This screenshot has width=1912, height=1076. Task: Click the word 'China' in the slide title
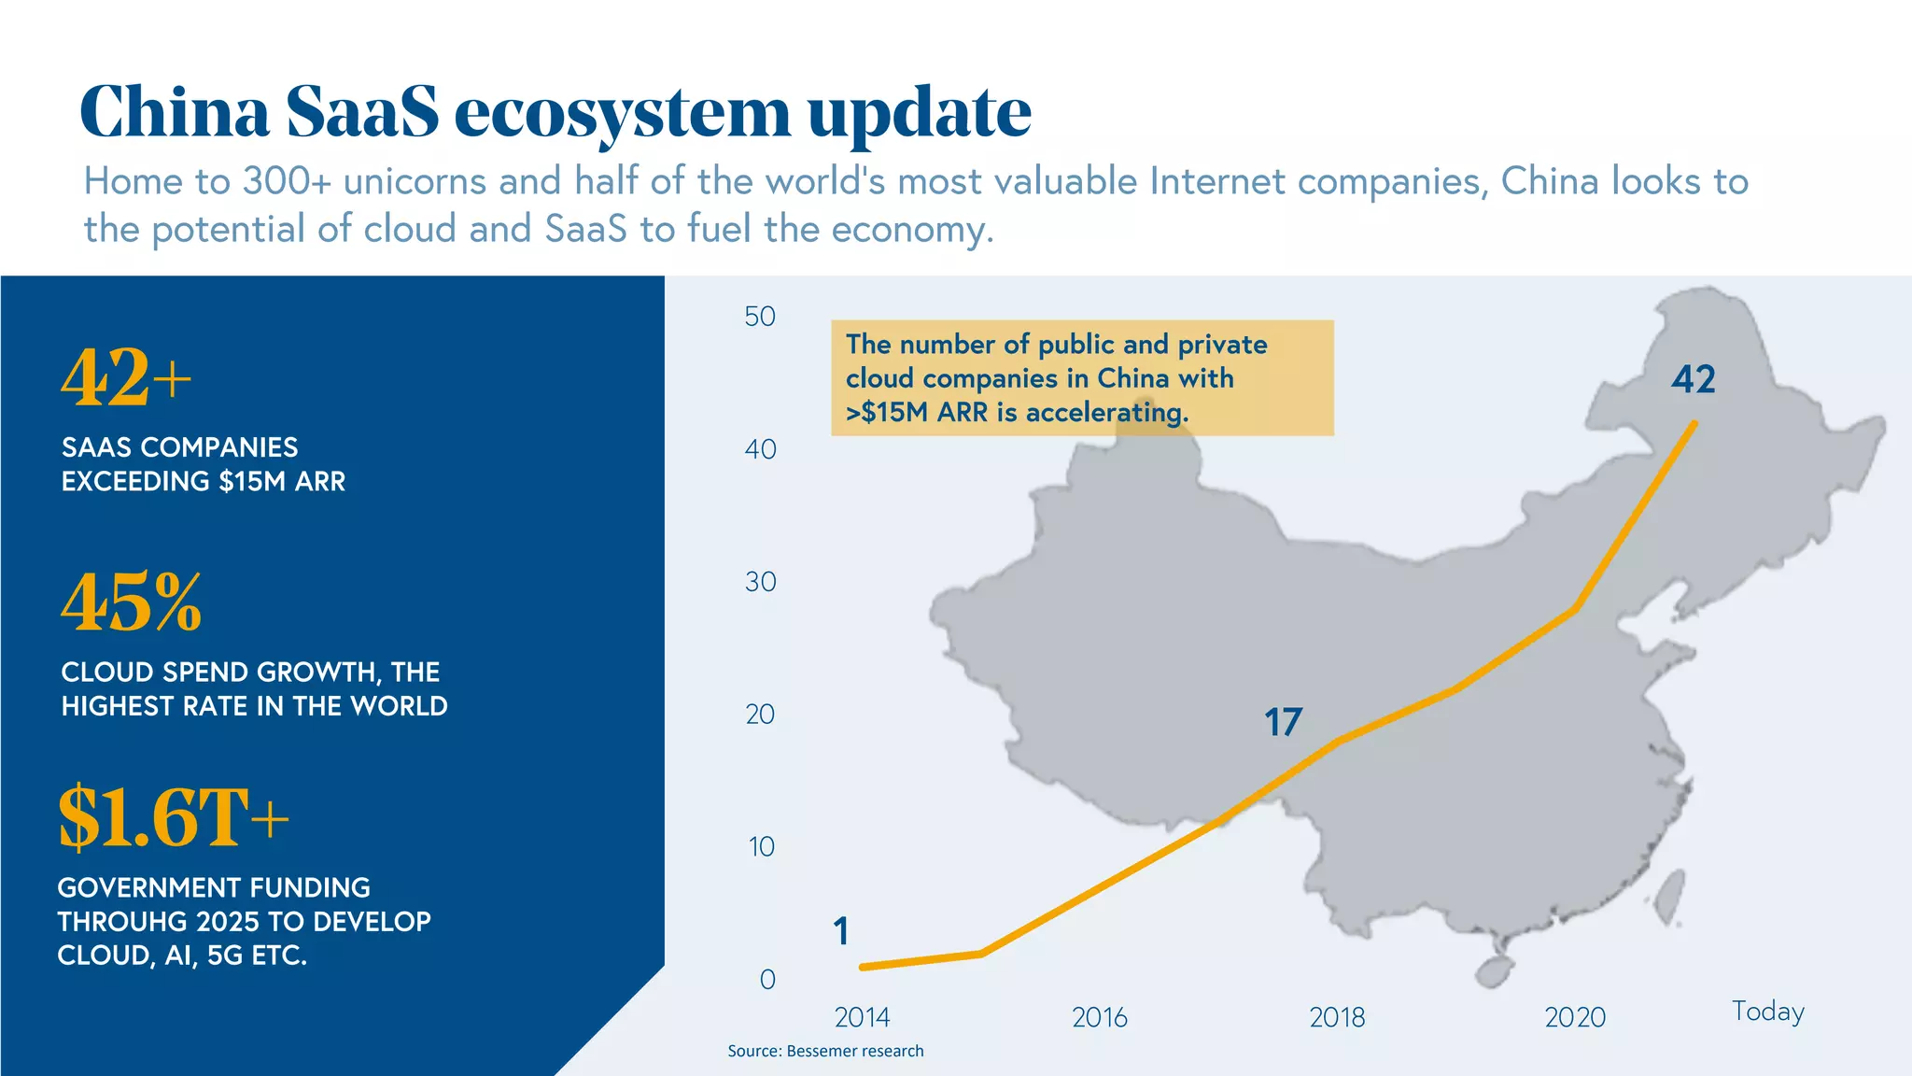175,112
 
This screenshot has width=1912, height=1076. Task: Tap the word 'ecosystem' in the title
623,114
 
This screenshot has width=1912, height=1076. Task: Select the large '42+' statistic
126,377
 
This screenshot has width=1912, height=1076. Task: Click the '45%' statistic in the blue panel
132,602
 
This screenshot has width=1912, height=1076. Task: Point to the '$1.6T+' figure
174,818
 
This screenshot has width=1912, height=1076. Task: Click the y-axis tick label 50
760,317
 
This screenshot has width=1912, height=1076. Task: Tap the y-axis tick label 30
760,582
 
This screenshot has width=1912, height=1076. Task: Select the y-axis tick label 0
767,980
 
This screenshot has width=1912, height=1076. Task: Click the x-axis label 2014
862,1017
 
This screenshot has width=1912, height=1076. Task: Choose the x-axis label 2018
1337,1017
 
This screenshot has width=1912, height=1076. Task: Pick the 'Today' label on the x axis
1768,1012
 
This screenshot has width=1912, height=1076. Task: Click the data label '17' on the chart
1283,722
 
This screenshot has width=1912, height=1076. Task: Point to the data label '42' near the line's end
1694,379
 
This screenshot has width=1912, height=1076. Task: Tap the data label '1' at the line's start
841,931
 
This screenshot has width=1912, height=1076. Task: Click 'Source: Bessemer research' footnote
825,1051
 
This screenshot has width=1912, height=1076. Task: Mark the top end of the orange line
1694,423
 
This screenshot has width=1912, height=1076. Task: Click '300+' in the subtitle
288,181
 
